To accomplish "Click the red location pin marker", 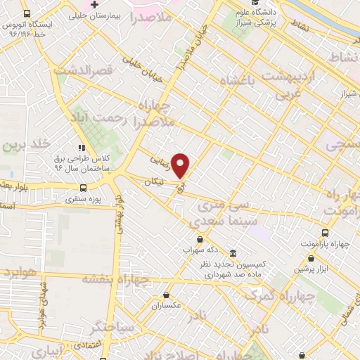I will pyautogui.click(x=181, y=166).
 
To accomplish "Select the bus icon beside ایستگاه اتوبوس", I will pyautogui.click(x=27, y=14).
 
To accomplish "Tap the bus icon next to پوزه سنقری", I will pyautogui.click(x=84, y=188).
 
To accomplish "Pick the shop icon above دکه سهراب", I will pyautogui.click(x=200, y=238).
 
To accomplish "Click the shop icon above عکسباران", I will pyautogui.click(x=166, y=295).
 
